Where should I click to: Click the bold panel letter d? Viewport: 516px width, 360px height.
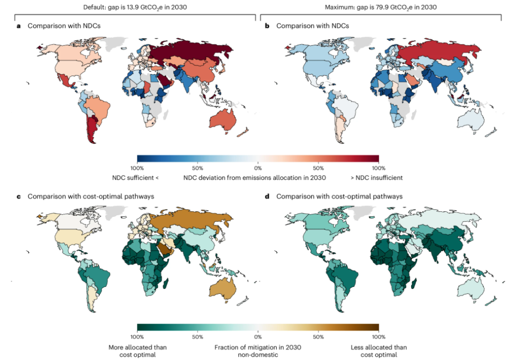pyautogui.click(x=267, y=196)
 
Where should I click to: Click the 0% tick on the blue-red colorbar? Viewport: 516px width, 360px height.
pyautogui.click(x=257, y=167)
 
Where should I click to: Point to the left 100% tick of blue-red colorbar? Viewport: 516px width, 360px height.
pyautogui.click(x=137, y=167)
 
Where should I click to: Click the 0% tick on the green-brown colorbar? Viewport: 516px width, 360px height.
pyautogui.click(x=257, y=337)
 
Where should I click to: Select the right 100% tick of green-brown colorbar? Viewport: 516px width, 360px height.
pyautogui.click(x=378, y=337)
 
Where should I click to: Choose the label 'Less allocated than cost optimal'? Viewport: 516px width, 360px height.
pyautogui.click(x=378, y=351)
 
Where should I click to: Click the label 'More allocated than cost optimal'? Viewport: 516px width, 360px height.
pyautogui.click(x=138, y=351)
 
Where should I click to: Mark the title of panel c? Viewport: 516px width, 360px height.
pyautogui.click(x=91, y=196)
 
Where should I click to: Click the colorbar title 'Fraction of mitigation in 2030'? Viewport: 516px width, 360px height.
pyautogui.click(x=257, y=347)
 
